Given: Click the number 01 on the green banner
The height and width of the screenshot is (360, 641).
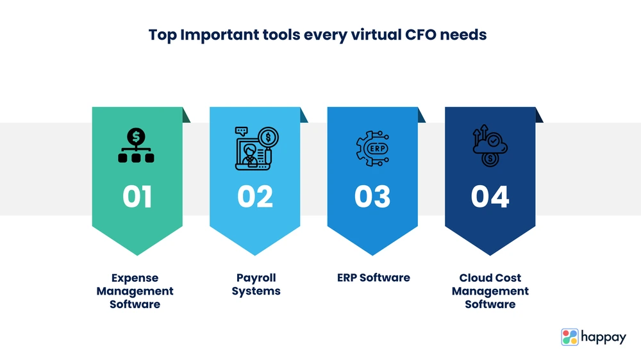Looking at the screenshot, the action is click(137, 197).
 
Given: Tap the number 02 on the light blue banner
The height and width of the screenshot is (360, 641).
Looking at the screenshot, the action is click(255, 197).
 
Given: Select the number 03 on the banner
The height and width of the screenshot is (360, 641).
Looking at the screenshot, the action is click(372, 197).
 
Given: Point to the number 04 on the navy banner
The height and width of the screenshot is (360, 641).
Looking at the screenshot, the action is click(490, 197).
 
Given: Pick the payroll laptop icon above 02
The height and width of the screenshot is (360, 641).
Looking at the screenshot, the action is click(257, 148).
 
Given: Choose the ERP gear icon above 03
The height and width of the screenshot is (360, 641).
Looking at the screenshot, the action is click(372, 149).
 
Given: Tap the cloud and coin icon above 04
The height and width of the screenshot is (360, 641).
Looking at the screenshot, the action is click(490, 145).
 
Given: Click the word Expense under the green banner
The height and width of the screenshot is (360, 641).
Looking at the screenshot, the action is click(135, 278).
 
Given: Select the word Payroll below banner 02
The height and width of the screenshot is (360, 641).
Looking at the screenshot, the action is click(256, 278).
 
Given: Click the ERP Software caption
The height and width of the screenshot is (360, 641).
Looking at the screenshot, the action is click(374, 277).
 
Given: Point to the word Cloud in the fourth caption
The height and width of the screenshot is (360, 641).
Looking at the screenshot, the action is click(474, 277).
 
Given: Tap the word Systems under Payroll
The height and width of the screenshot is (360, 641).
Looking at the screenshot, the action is click(256, 291).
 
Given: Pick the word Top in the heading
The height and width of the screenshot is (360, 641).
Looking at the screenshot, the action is click(163, 35).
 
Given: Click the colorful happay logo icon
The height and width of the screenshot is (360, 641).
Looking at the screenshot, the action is click(570, 337).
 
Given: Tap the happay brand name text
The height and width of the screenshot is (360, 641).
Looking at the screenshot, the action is click(603, 338).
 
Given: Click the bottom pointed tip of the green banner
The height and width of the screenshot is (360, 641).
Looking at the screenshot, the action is click(137, 256).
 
